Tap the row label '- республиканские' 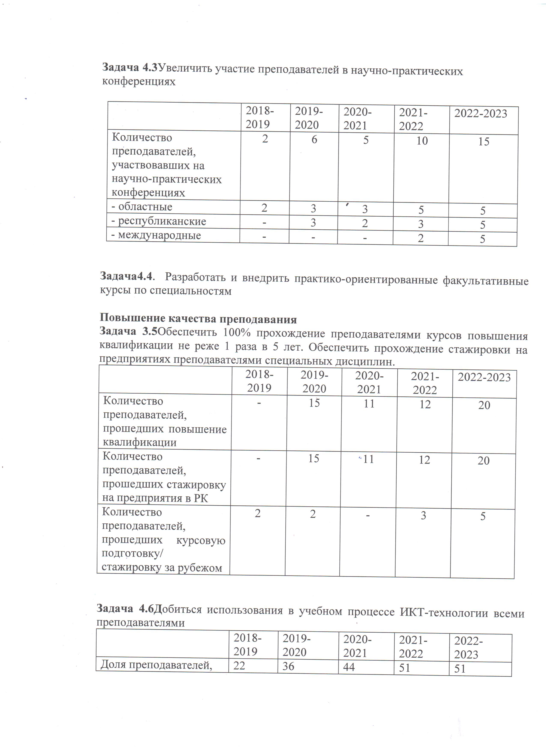(x=159, y=221)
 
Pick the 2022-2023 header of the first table (x=480, y=114)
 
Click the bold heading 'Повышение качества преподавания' (x=198, y=319)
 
